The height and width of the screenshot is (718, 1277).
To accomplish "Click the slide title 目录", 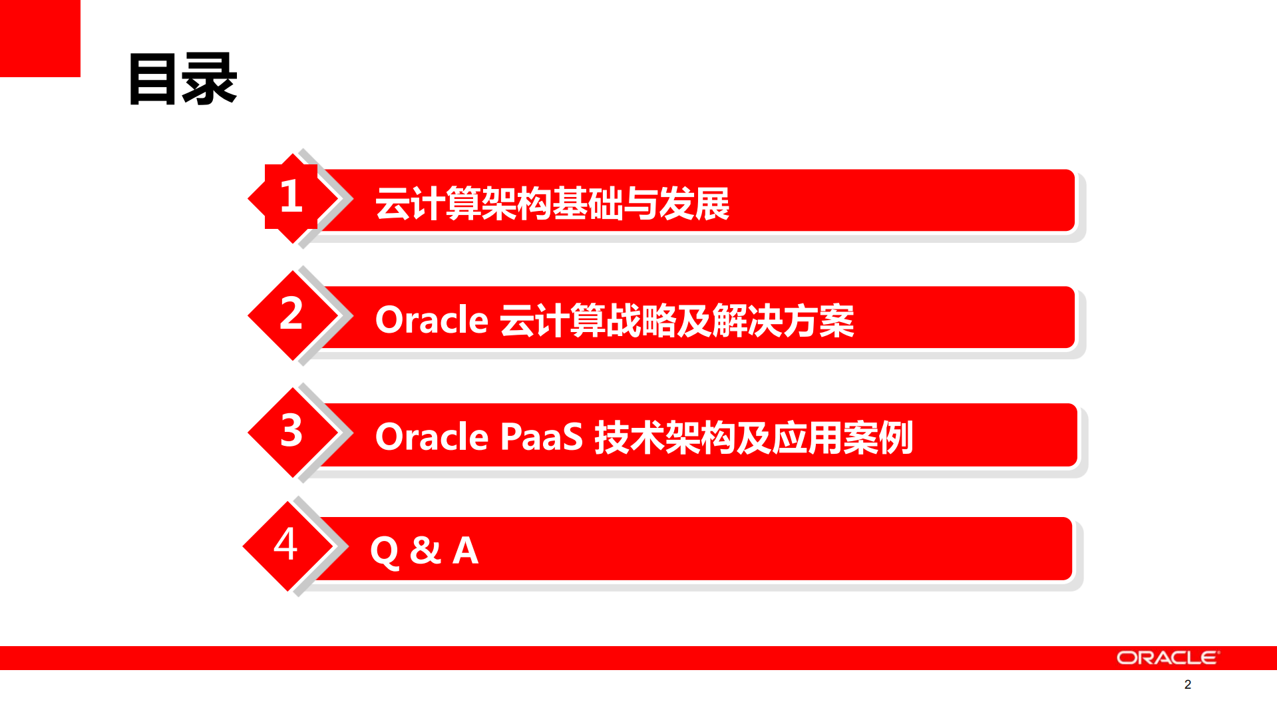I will click(x=182, y=80).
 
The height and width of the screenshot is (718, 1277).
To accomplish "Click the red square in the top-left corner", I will click(x=40, y=38).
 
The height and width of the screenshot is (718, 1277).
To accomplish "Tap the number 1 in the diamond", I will click(x=291, y=197).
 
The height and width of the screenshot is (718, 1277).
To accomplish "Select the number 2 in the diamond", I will click(x=291, y=313).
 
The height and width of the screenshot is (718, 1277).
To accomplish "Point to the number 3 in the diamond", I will click(x=291, y=431).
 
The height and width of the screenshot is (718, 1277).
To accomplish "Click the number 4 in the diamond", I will click(x=285, y=544).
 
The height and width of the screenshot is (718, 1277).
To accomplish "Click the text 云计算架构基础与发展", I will click(x=552, y=203).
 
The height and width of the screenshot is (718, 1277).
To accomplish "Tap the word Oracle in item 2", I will click(x=432, y=320).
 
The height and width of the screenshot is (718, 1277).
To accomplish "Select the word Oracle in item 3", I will click(x=432, y=437).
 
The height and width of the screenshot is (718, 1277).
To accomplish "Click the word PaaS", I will click(x=541, y=437).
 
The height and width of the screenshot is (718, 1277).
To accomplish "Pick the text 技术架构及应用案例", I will click(x=753, y=437).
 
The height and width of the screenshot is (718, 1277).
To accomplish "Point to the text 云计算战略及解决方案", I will click(x=676, y=320).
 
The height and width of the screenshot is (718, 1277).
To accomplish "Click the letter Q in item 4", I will click(x=384, y=552).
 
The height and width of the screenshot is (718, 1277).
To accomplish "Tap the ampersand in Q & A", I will click(x=425, y=551).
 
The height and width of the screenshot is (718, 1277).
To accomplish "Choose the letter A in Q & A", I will click(x=465, y=551).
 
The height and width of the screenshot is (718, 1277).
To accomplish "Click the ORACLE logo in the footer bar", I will click(x=1167, y=657).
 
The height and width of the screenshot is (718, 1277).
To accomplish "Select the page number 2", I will click(x=1187, y=684).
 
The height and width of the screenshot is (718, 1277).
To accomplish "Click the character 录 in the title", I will click(x=210, y=80).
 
